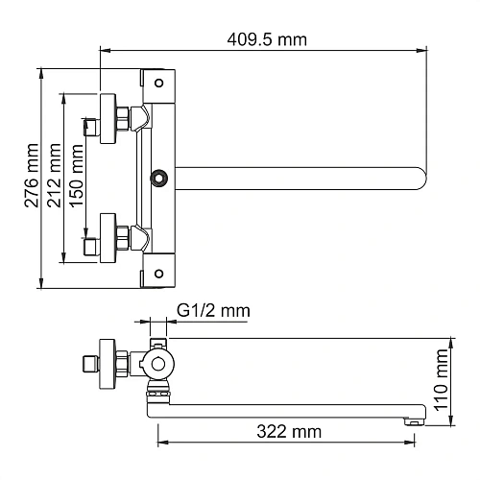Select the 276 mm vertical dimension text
click(x=33, y=179)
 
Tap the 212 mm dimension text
click(x=56, y=179)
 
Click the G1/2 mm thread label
click(x=213, y=310)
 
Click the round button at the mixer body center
click(x=159, y=177)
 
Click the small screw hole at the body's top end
click(x=158, y=81)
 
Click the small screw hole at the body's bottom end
click(x=158, y=273)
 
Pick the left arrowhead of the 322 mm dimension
click(x=160, y=443)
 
